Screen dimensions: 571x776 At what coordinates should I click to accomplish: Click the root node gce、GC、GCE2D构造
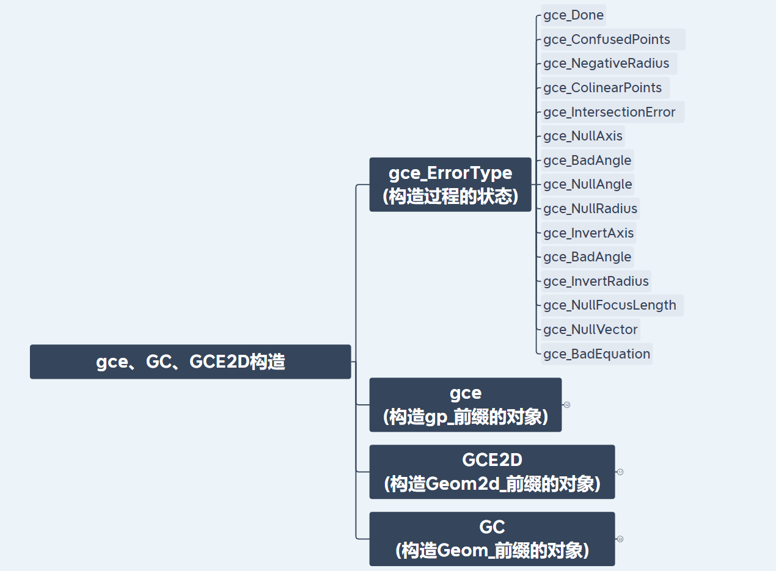(190, 362)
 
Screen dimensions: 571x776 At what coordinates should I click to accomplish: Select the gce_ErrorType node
(450, 184)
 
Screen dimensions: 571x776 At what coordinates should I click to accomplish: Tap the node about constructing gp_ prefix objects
(465, 405)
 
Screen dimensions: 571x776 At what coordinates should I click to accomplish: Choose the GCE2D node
(492, 472)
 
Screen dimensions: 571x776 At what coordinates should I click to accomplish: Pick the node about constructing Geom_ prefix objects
(492, 539)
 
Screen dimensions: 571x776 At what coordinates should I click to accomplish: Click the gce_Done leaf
(573, 15)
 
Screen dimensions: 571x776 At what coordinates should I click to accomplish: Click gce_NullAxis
(582, 136)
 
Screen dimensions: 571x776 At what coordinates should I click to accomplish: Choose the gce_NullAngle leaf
(587, 184)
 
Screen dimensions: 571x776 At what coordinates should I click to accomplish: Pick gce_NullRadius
(590, 209)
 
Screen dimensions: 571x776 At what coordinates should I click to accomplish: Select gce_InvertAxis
(588, 233)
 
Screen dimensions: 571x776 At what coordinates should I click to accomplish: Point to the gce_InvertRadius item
(595, 282)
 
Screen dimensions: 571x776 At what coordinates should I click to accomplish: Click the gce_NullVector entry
(590, 330)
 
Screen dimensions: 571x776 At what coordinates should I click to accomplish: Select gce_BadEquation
(596, 354)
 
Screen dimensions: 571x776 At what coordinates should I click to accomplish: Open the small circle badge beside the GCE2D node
(620, 472)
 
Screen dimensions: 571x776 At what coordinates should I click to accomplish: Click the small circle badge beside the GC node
(620, 539)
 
